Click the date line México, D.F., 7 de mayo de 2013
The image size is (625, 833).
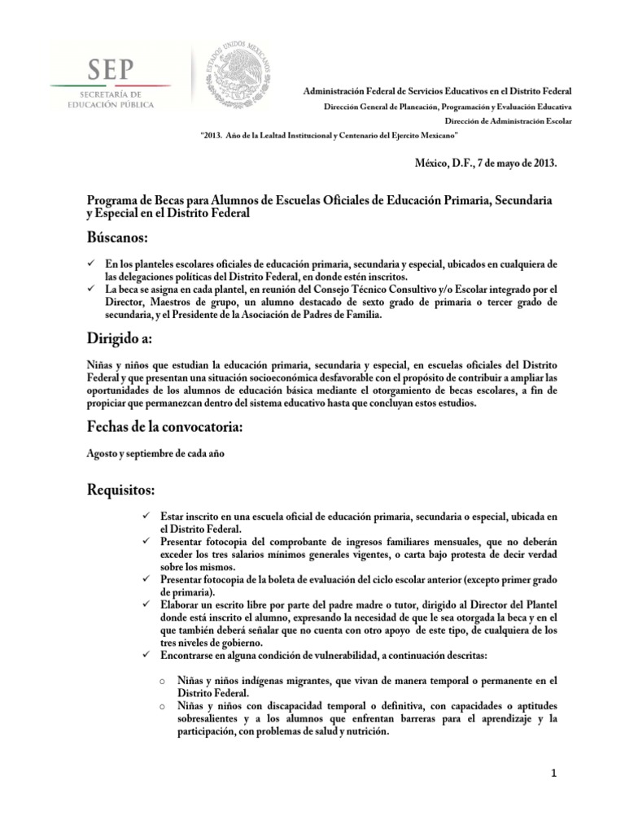click(486, 163)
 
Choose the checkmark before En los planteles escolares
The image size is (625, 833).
click(92, 264)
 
